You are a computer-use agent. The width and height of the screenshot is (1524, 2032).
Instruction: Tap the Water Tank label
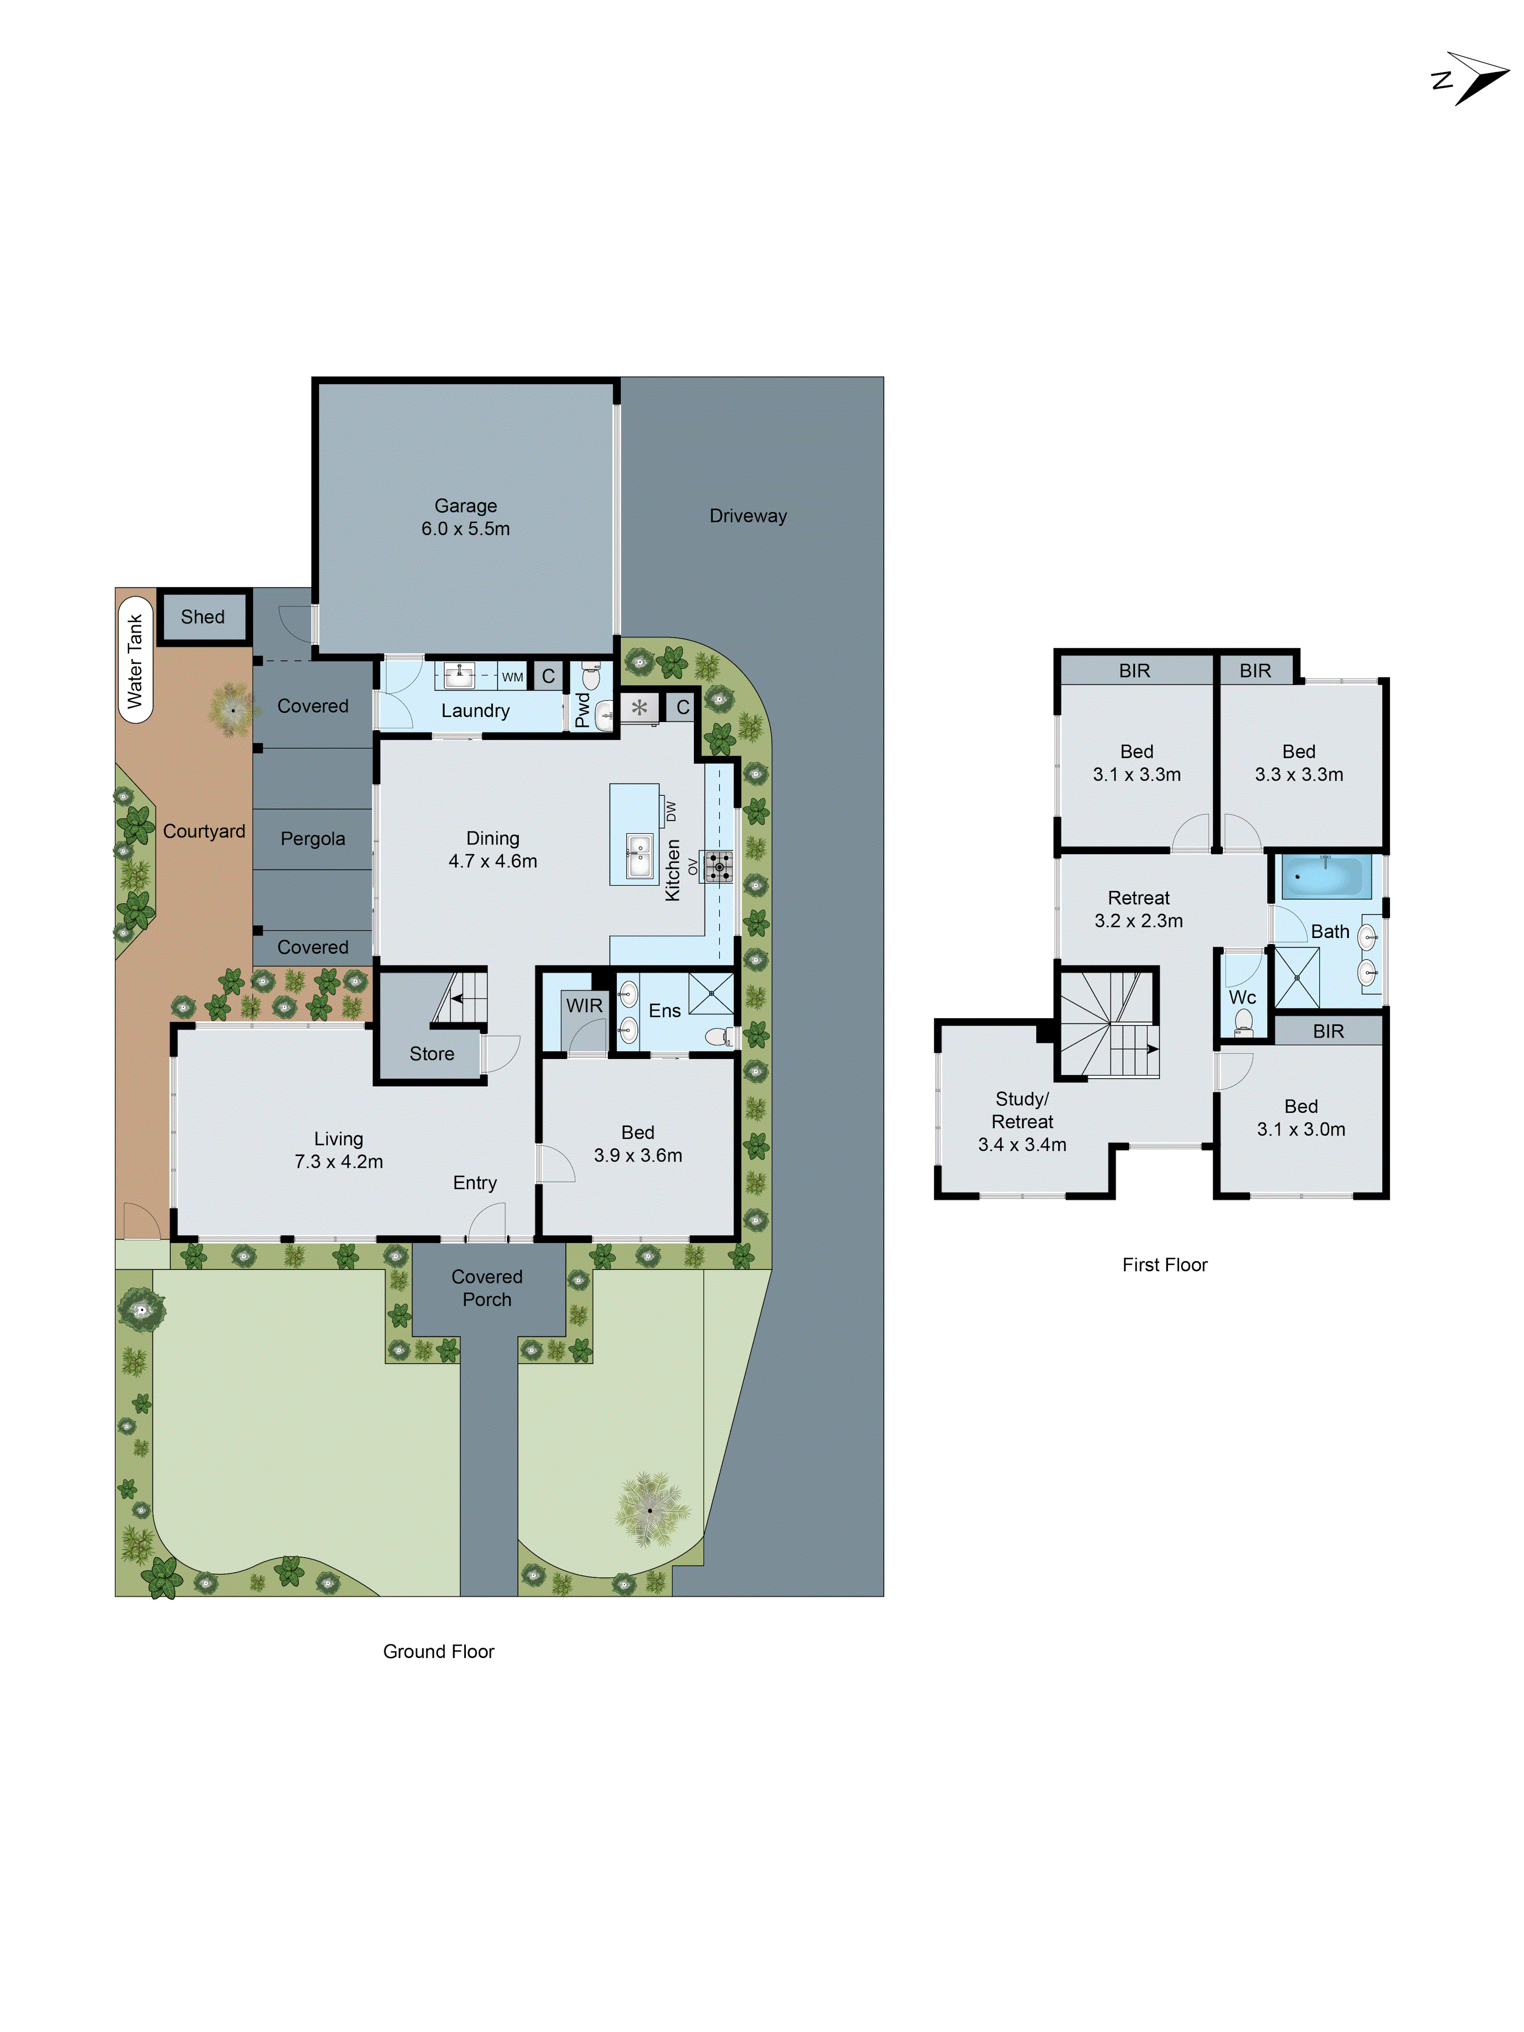coord(135,661)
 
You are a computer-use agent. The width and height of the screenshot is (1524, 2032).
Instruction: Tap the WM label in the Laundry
coord(512,677)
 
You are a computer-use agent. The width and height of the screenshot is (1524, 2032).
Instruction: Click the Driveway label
coord(748,515)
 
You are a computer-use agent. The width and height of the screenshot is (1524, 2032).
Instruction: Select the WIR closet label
coord(584,1005)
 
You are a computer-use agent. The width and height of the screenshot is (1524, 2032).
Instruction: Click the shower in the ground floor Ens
coord(711,992)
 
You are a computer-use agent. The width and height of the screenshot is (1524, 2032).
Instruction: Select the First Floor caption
coord(1164,1264)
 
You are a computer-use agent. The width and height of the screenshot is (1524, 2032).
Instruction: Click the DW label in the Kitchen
coord(671,811)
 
